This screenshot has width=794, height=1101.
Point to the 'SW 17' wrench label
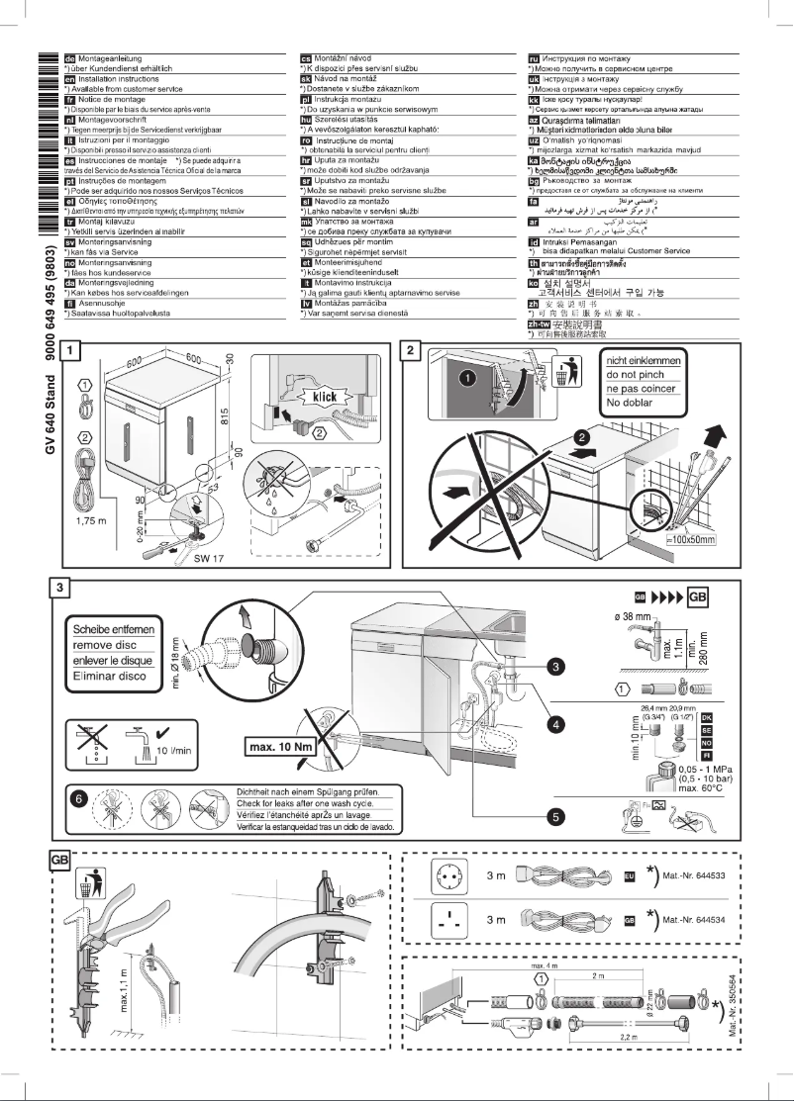pyautogui.click(x=210, y=560)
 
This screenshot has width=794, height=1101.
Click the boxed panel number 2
pyautogui.click(x=414, y=350)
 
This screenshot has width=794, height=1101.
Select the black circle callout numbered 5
pyautogui.click(x=554, y=817)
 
